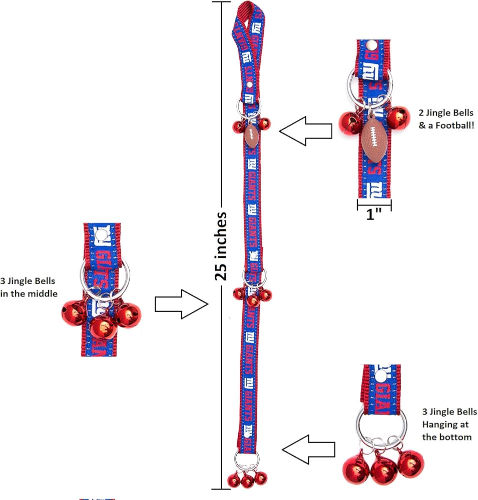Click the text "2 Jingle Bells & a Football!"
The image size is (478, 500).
[x=446, y=119]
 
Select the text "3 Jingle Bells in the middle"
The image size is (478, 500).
[x=29, y=287]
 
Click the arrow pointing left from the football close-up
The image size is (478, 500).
[x=306, y=131]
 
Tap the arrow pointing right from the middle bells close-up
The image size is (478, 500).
[x=181, y=304]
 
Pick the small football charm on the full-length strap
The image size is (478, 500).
[x=251, y=135]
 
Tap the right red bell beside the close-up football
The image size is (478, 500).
[x=398, y=118]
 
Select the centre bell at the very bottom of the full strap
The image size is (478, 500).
[x=248, y=481]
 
